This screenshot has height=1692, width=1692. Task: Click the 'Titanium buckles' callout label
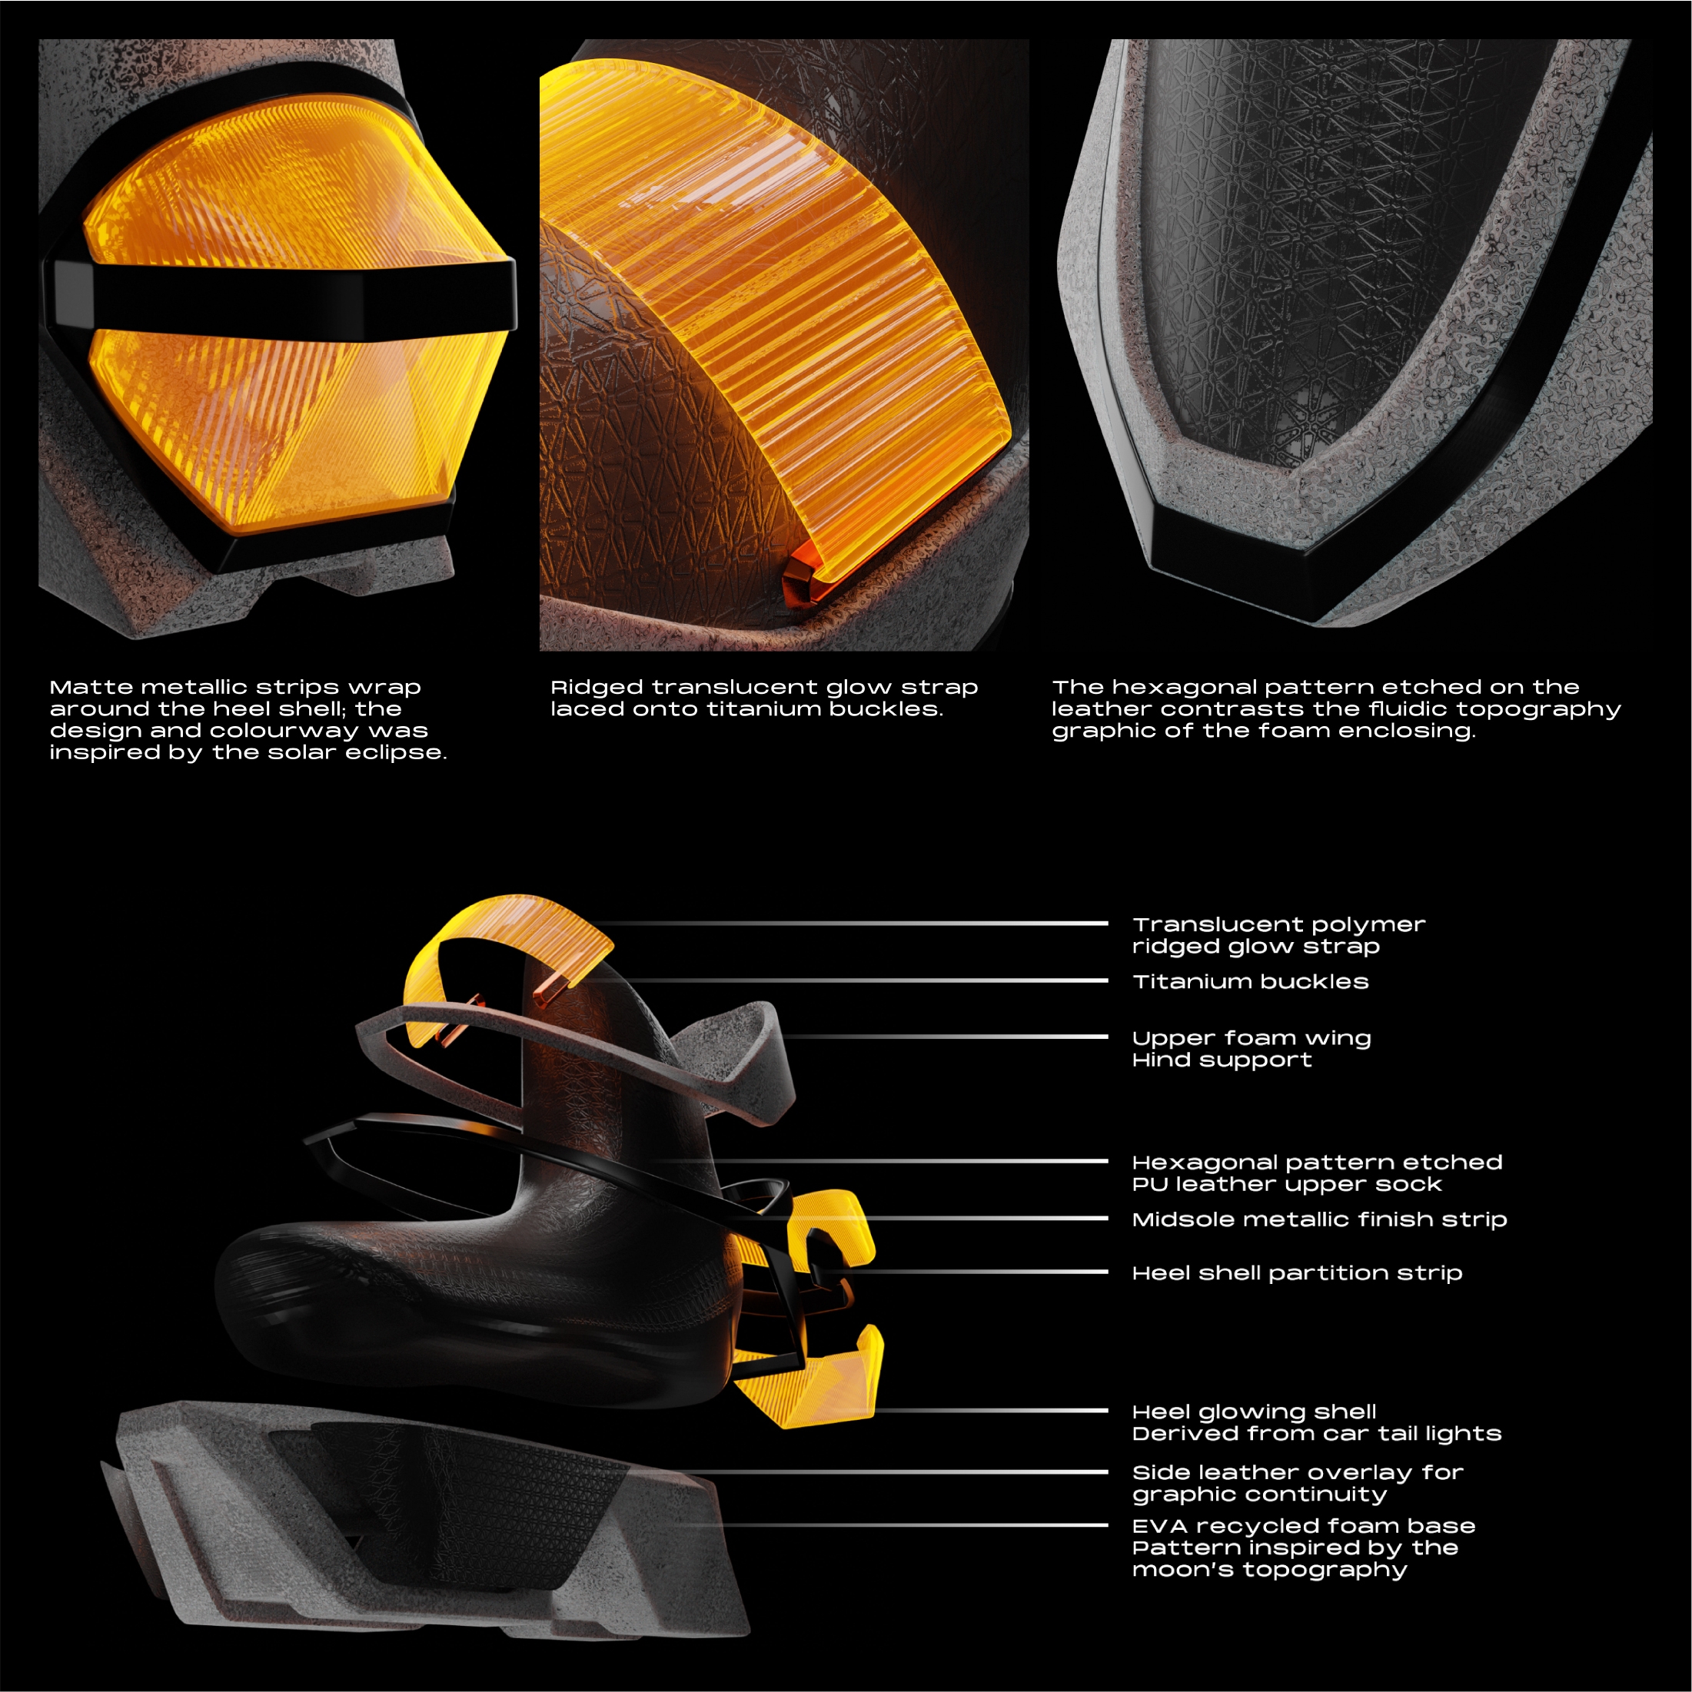[x=1251, y=982]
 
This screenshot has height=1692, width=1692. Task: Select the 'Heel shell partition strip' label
[x=1297, y=1273]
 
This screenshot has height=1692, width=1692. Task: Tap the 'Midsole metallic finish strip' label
[x=1318, y=1219]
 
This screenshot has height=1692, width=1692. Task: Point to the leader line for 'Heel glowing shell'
[x=990, y=1411]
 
